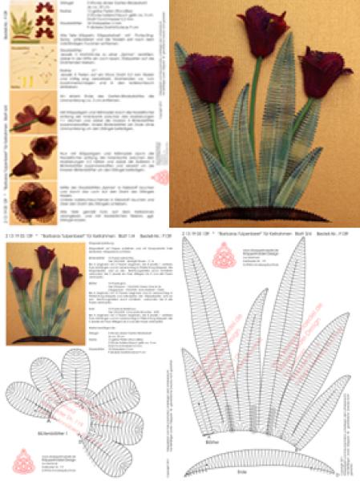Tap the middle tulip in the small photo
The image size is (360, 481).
[45, 257]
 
